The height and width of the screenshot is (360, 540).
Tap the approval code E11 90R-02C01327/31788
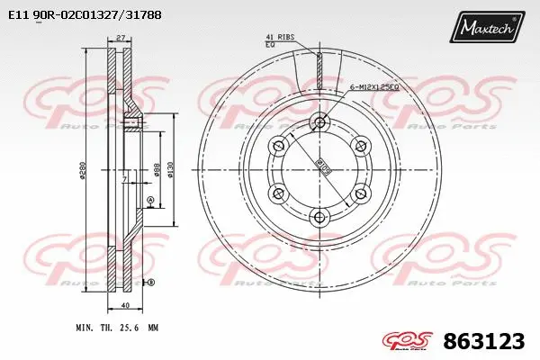(x=78, y=15)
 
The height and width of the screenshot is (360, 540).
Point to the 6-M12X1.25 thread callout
(x=373, y=85)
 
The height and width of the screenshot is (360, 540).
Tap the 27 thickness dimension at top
(x=120, y=39)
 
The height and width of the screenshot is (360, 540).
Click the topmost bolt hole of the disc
(x=319, y=121)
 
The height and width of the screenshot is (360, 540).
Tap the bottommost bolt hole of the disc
(x=319, y=215)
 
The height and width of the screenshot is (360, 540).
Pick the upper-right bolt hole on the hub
(x=360, y=145)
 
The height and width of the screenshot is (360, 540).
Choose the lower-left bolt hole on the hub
(x=278, y=192)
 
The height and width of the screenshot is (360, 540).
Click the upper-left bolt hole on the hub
(x=278, y=145)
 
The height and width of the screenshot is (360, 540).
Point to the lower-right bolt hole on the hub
(x=360, y=192)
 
